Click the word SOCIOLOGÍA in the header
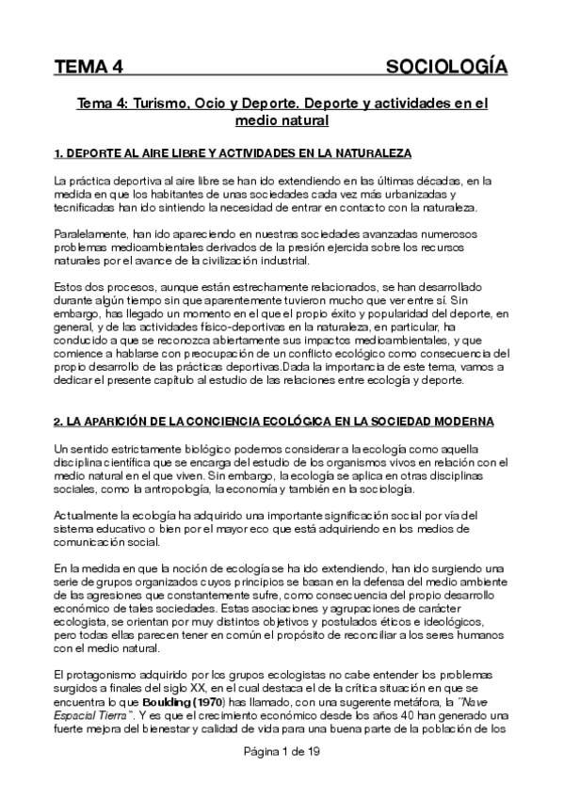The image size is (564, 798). (x=447, y=67)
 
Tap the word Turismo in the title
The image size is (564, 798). (x=158, y=104)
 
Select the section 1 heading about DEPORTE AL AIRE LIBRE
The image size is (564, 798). (x=233, y=152)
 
